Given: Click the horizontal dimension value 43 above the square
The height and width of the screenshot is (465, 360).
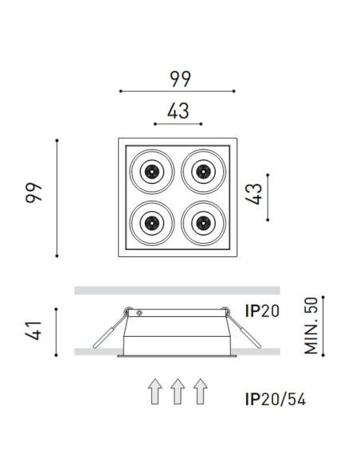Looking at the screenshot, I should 178,112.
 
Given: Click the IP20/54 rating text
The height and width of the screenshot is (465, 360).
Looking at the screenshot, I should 275,399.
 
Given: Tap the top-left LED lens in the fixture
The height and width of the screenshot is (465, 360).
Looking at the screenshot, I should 151,170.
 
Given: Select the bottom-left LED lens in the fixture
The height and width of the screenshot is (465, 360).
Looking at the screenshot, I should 151,220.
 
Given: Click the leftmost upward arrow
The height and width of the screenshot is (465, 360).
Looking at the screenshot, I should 155,393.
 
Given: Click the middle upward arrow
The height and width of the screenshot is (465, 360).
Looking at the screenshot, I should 178,393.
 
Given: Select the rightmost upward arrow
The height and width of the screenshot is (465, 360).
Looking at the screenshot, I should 200,393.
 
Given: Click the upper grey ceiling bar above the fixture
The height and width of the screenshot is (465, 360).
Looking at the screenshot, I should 177,290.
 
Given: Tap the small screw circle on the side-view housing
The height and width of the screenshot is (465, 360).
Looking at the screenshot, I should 136,311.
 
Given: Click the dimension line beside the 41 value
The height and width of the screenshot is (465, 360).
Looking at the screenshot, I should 57,331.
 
